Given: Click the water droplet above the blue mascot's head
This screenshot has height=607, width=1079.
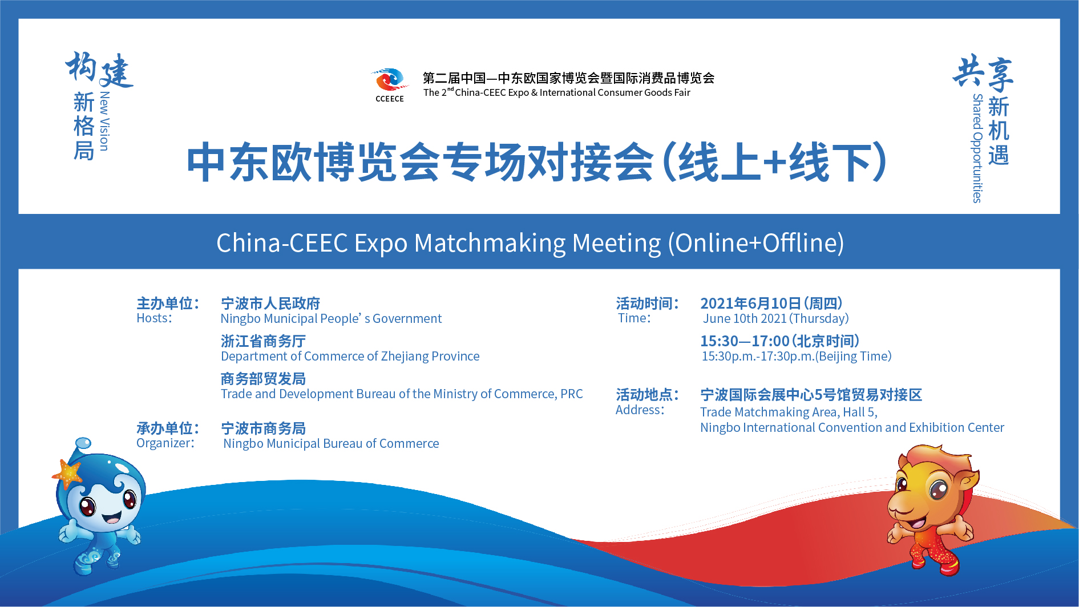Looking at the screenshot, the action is tap(83, 443).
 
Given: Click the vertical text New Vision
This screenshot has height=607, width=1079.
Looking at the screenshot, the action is tap(104, 121).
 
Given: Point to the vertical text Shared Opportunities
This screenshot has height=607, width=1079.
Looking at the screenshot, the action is tap(977, 148).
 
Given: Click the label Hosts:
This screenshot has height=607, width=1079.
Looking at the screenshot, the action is tap(154, 318).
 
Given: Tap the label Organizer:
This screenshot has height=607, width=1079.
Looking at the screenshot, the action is tap(165, 443).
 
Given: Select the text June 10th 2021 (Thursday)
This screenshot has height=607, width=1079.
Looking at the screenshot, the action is tap(776, 318).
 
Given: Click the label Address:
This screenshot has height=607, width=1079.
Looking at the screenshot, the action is tap(640, 410).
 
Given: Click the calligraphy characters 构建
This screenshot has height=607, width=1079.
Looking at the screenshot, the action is tap(99, 70).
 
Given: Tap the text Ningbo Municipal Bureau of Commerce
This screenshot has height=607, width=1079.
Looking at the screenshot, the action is tap(331, 444).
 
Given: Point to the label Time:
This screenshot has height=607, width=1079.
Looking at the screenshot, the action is tap(634, 318).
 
